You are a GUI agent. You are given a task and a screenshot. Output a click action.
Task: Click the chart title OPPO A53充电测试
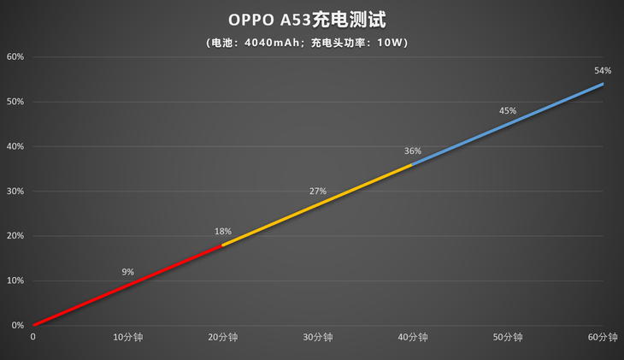coord(312,19)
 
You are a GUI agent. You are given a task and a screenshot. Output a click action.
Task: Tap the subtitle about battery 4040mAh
coord(312,42)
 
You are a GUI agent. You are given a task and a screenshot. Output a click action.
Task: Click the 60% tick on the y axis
coord(15,57)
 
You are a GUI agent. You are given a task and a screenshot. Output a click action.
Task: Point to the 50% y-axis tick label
coord(15,102)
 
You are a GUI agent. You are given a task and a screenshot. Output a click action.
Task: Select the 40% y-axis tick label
coord(15,146)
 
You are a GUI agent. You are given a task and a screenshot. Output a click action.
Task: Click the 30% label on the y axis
coord(15,192)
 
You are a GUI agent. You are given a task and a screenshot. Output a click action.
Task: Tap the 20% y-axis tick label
coord(15,236)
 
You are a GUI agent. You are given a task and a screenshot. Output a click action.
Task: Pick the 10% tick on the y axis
coord(15,280)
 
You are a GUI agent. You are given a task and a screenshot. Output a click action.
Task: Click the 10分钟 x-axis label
coord(127,338)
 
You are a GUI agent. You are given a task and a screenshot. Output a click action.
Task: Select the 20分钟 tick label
coord(222,338)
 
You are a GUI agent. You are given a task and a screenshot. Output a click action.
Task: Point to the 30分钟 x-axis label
coord(317,338)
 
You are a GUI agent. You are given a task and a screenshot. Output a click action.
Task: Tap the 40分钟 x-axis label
coord(413,338)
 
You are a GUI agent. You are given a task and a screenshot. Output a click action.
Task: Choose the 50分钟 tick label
coord(508,338)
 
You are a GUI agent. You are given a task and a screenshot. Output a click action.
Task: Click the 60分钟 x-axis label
coord(603,338)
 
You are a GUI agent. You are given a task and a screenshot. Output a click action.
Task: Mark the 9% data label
coord(127,272)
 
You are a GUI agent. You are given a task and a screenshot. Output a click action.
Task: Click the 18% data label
coord(222,232)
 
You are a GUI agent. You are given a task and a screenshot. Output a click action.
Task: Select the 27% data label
coord(318,192)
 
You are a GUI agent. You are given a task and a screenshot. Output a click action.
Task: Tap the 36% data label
coord(413,151)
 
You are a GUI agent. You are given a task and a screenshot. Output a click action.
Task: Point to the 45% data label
coord(508,111)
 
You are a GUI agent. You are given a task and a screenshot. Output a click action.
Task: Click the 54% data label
coord(603,71)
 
